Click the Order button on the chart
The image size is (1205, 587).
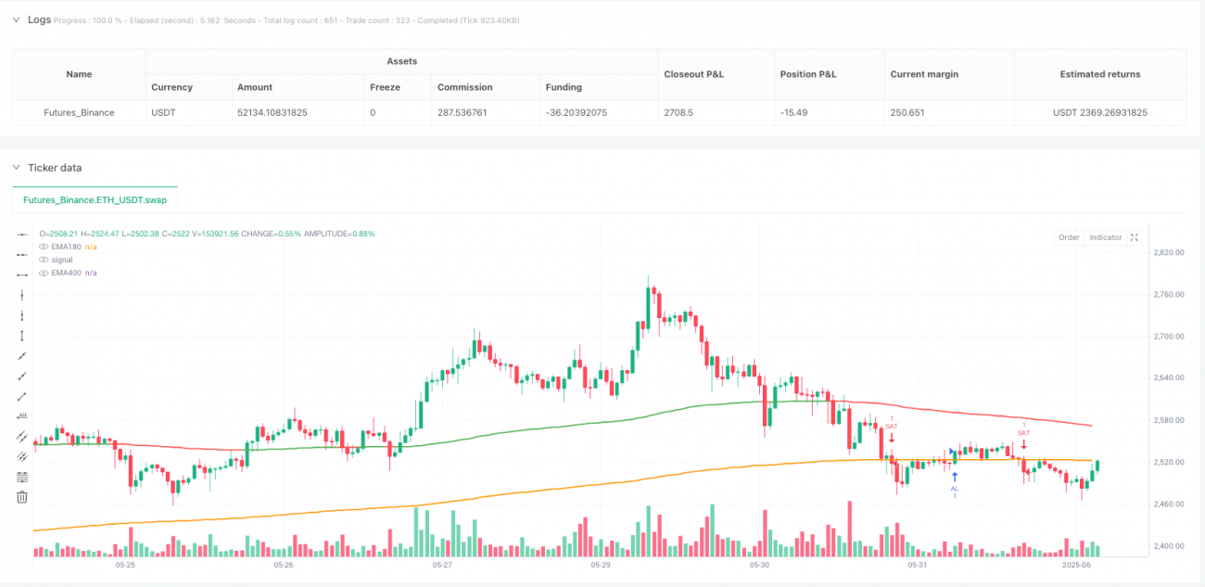1069,237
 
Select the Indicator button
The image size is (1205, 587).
1105,237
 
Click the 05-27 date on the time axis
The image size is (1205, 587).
442,564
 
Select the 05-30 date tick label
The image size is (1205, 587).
759,564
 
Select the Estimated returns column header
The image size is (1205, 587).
1099,74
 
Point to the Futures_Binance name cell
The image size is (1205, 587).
80,112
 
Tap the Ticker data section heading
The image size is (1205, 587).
55,168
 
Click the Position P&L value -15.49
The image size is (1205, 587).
795,112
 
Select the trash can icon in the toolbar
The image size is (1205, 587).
22,497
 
